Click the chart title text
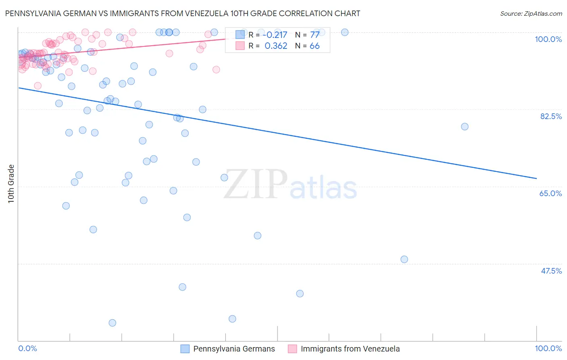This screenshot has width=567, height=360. pyautogui.click(x=183, y=13)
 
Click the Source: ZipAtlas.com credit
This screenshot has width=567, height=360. pyautogui.click(x=531, y=13)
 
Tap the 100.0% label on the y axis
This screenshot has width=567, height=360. pyautogui.click(x=548, y=39)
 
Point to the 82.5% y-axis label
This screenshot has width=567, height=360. pyautogui.click(x=550, y=116)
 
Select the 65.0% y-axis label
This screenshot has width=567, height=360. pyautogui.click(x=550, y=193)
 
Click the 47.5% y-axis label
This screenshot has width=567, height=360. pyautogui.click(x=551, y=271)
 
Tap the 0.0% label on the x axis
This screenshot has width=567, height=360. pyautogui.click(x=28, y=348)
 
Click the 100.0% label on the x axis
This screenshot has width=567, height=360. pyautogui.click(x=548, y=348)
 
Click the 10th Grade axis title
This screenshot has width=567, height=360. pyautogui.click(x=11, y=184)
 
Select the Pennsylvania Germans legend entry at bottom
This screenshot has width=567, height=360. pyautogui.click(x=234, y=349)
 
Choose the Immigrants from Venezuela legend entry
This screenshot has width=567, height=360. pyautogui.click(x=350, y=349)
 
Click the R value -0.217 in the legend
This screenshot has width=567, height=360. pyautogui.click(x=275, y=35)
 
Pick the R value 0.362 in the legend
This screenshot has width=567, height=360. pyautogui.click(x=276, y=46)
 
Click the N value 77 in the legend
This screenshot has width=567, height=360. pyautogui.click(x=315, y=35)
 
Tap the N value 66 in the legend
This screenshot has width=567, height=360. pyautogui.click(x=315, y=46)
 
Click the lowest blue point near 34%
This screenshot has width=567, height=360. pyautogui.click(x=113, y=323)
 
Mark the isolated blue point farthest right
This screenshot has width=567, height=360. pyautogui.click(x=465, y=127)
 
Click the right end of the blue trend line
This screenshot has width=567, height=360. pyautogui.click(x=536, y=178)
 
